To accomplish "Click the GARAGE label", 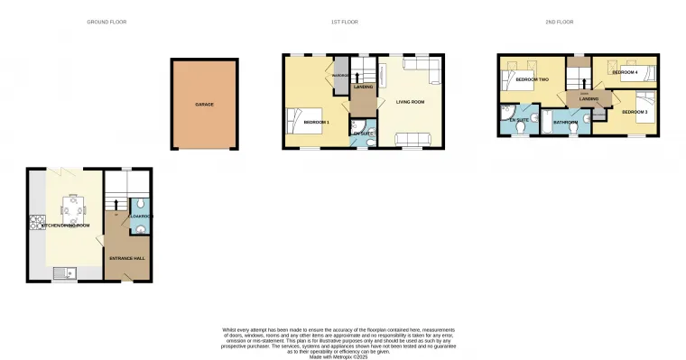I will tap(205, 105).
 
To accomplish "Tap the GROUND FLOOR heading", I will tap(107, 22).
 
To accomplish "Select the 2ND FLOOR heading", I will tap(560, 22).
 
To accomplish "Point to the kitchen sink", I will tap(60, 272).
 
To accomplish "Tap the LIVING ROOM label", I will tap(410, 102).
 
